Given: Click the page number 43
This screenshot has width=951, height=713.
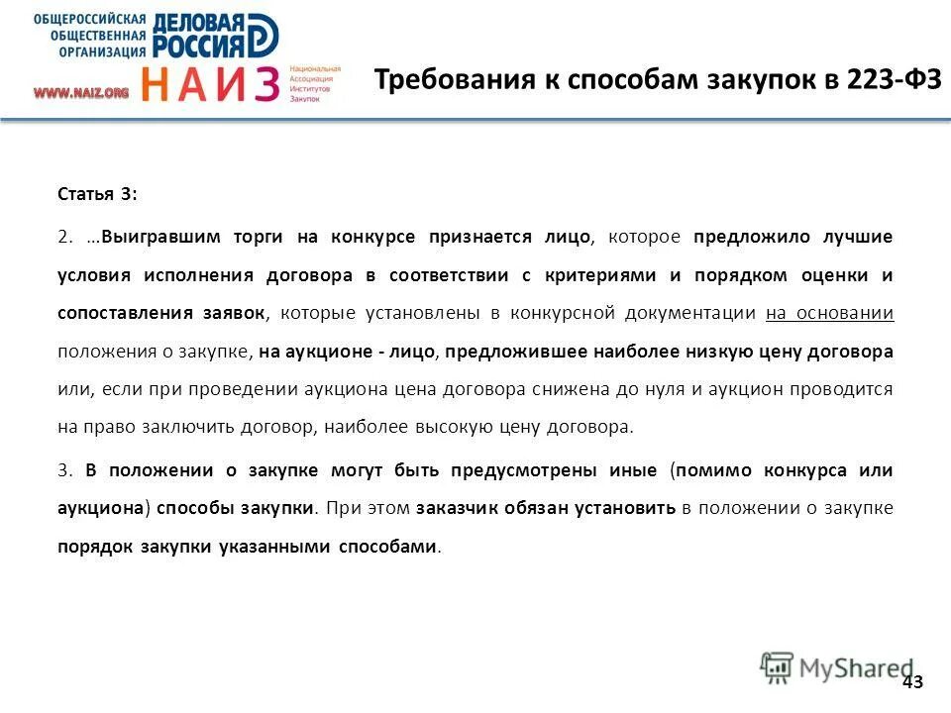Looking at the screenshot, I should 913,681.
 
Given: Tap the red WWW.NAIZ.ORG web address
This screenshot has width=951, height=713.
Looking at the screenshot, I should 81,92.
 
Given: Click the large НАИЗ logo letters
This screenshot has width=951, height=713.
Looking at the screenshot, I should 209,84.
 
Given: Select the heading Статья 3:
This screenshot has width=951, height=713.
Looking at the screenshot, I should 97,195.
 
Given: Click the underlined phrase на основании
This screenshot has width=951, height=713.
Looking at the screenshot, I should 830,313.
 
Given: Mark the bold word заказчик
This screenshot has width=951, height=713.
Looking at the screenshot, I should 460,508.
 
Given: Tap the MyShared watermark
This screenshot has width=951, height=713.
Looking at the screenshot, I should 837,667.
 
